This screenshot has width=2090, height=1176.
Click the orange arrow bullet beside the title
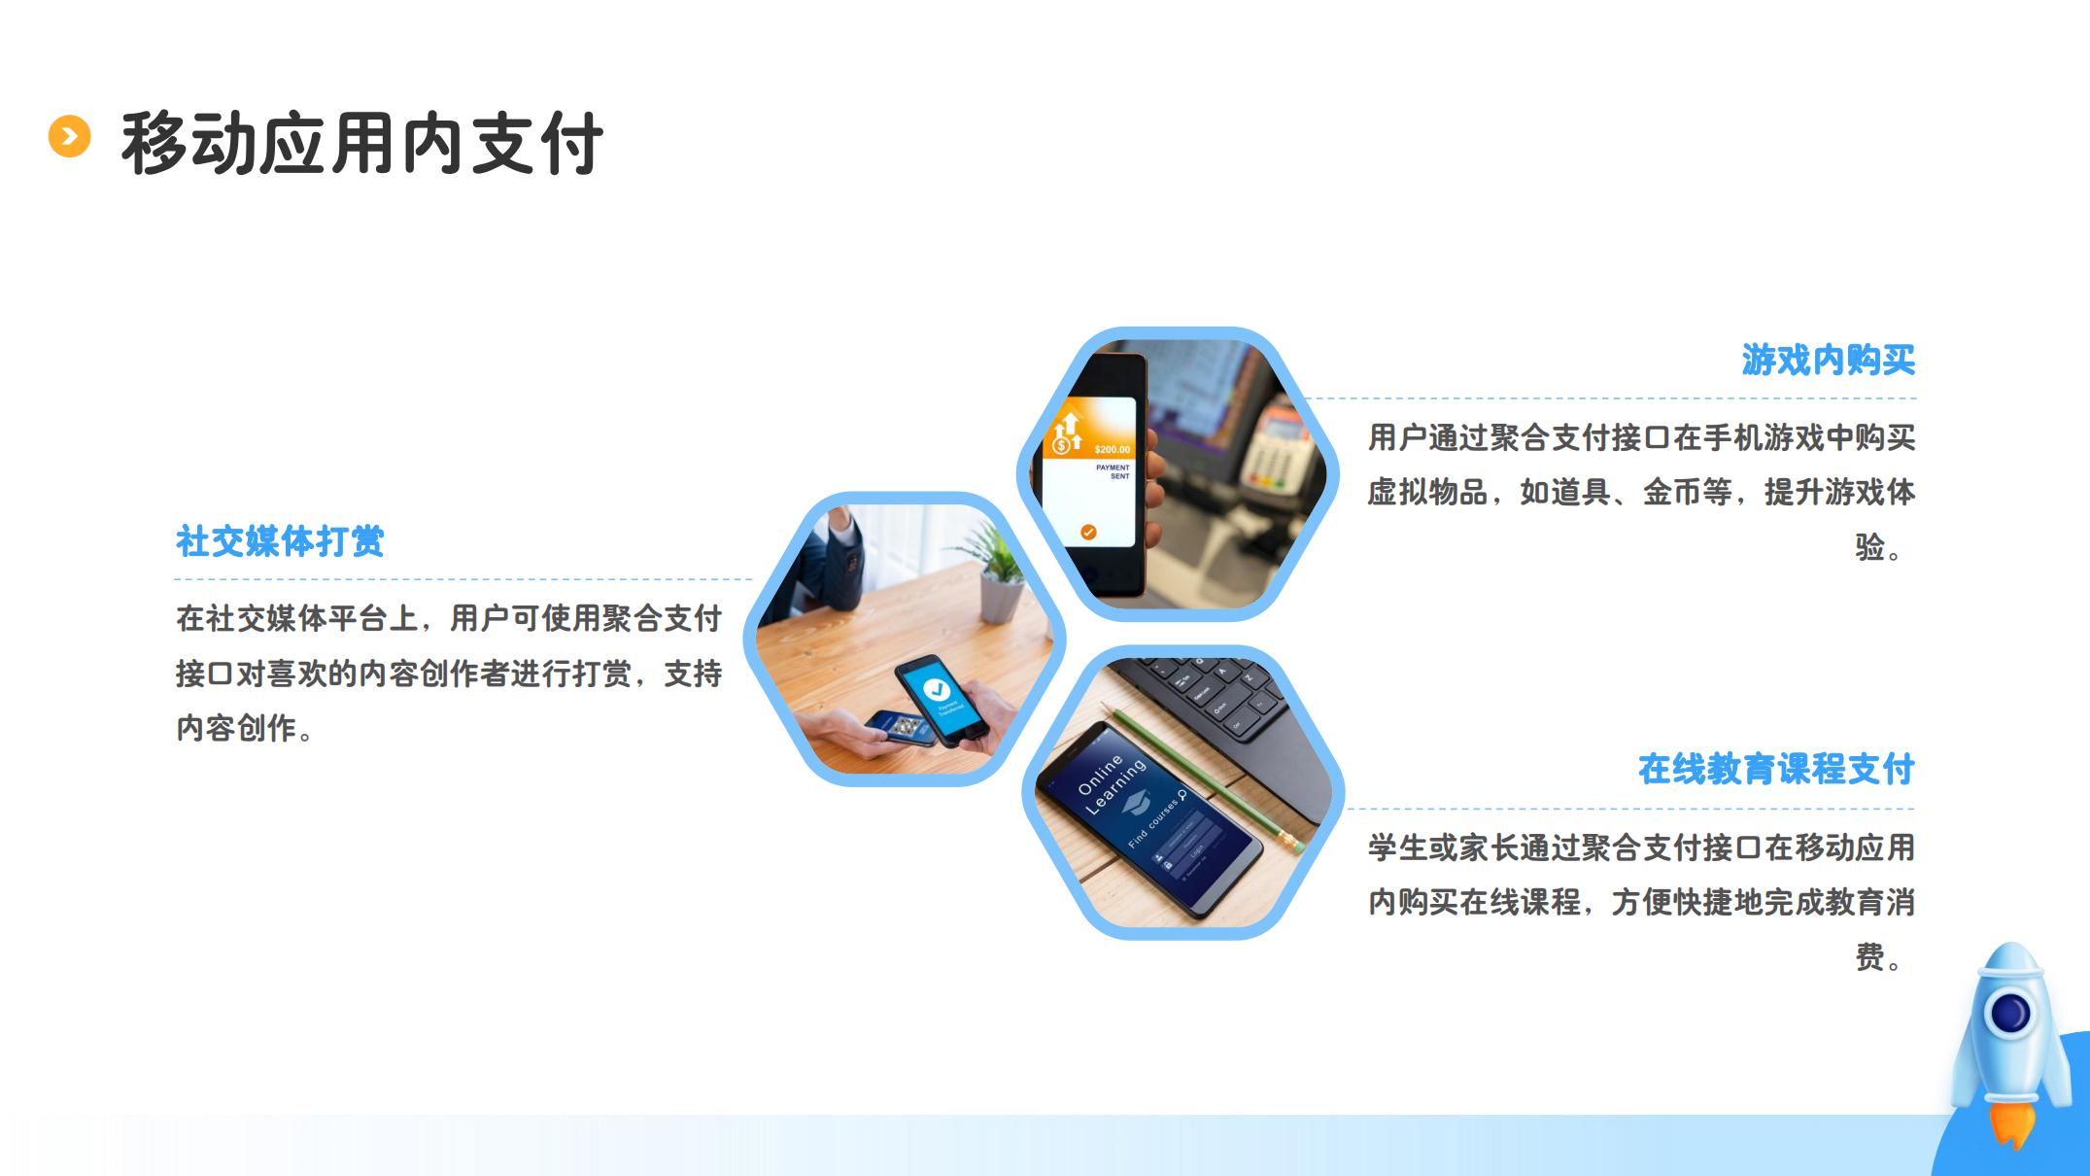(69, 136)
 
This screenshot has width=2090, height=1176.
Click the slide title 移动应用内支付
(362, 144)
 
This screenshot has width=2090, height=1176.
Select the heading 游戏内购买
(1828, 360)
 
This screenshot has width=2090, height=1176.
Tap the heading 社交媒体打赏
(280, 541)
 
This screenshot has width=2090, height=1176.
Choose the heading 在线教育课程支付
(1776, 770)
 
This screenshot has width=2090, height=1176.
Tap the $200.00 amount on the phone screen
(1112, 449)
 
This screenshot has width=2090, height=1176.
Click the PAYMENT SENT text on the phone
(1114, 471)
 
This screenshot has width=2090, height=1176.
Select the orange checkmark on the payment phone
(1088, 532)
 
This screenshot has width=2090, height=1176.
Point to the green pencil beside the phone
(1209, 780)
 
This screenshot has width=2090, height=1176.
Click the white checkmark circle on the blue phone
(936, 689)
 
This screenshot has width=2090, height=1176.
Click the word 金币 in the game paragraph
(1672, 493)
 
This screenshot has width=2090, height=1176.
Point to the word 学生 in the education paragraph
(1398, 847)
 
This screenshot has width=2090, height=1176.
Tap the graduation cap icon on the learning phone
(1136, 805)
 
